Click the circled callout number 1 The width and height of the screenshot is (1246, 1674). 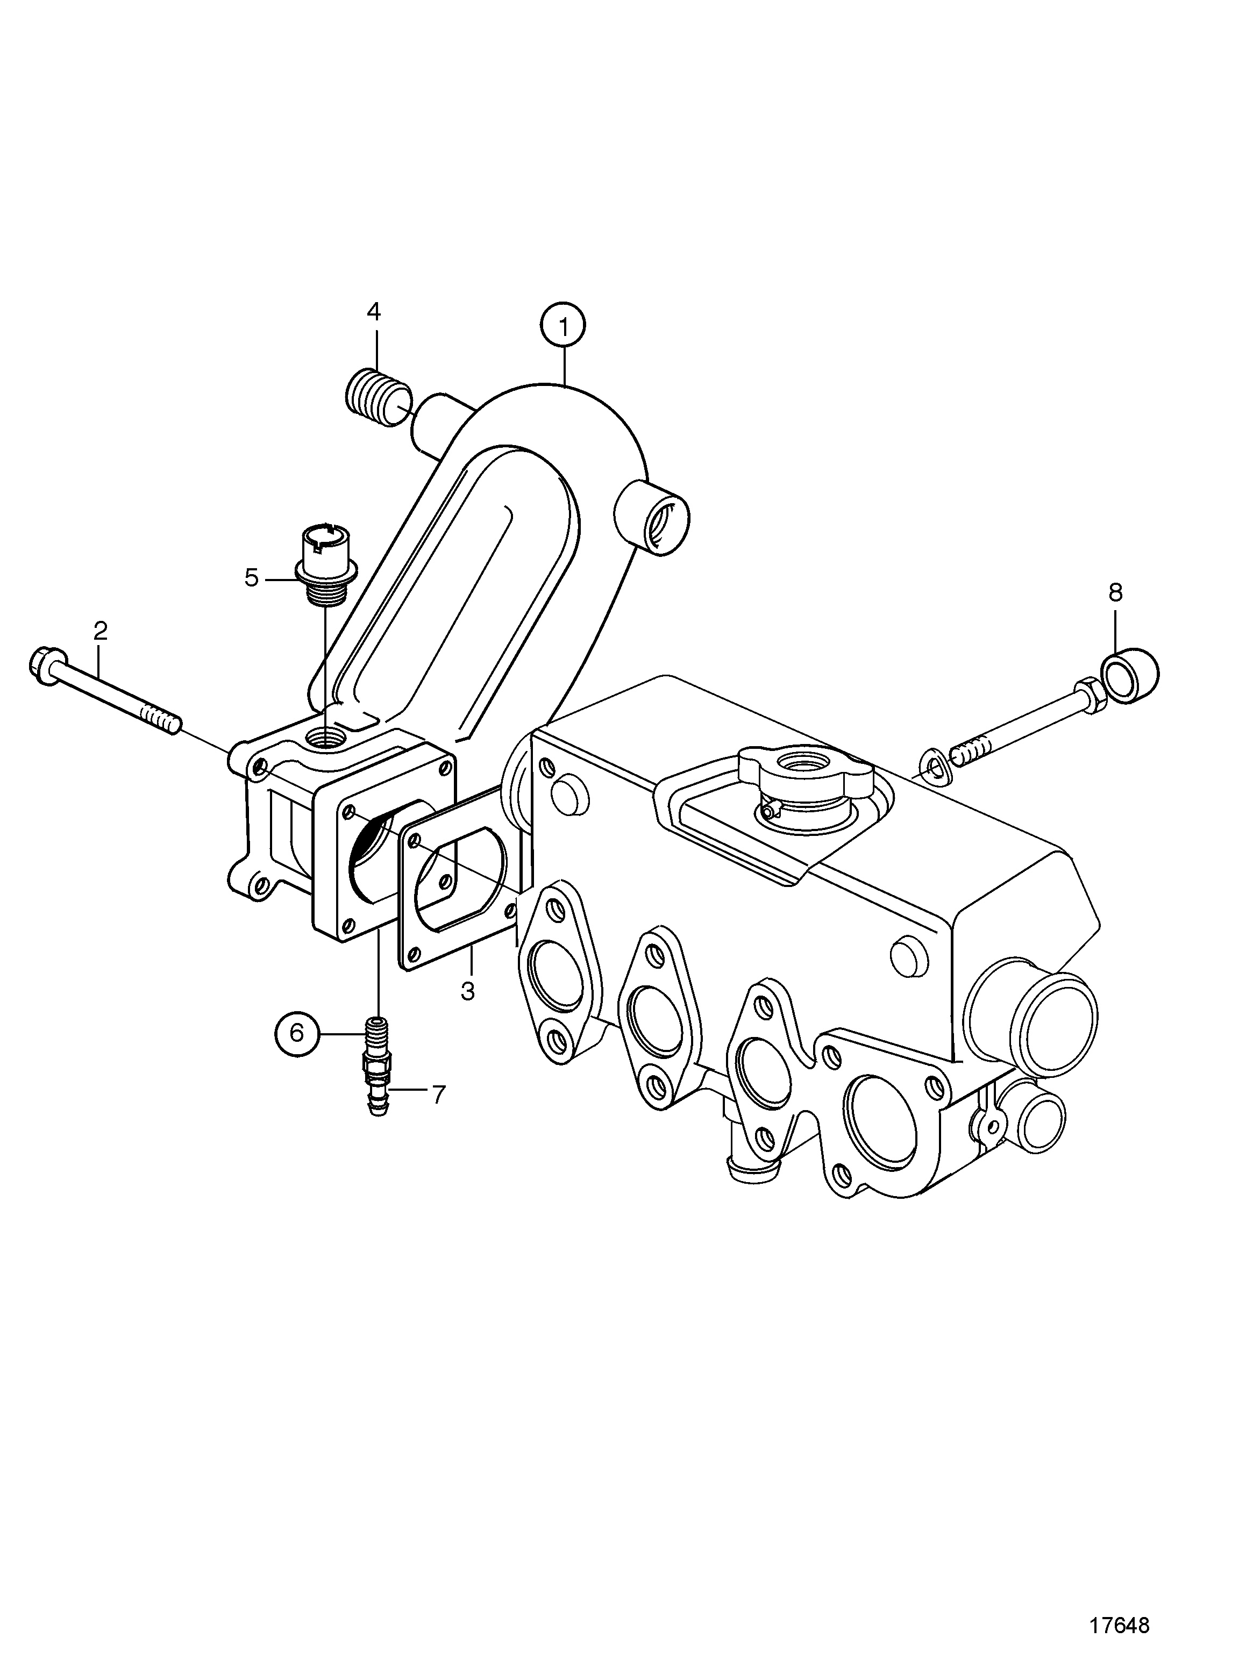click(x=563, y=326)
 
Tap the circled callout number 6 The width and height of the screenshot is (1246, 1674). click(x=296, y=1032)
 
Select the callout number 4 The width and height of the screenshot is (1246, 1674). click(x=374, y=311)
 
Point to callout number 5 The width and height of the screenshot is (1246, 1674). click(x=252, y=578)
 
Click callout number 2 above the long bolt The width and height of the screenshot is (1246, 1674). click(x=101, y=631)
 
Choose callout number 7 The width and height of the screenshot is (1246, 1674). click(x=438, y=1094)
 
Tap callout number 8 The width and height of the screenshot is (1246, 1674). click(x=1115, y=593)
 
